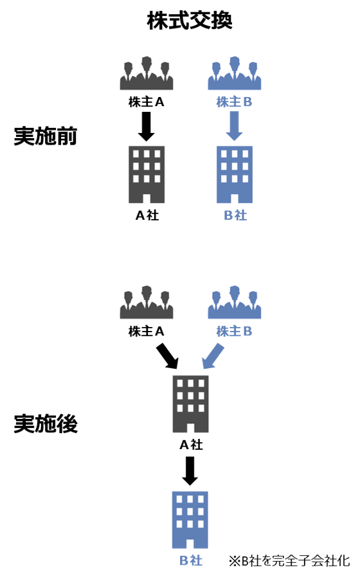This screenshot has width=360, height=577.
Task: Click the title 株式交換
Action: pyautogui.click(x=190, y=21)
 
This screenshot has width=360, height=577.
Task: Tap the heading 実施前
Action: pyautogui.click(x=46, y=136)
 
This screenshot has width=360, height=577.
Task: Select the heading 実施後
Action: pyautogui.click(x=46, y=423)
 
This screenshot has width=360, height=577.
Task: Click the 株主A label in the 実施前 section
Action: pyautogui.click(x=146, y=102)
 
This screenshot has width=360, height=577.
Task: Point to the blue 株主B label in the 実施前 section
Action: pyautogui.click(x=234, y=102)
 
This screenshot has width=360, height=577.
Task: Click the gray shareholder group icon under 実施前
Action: pyautogui.click(x=147, y=73)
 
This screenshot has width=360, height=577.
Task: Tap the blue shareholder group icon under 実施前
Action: pyautogui.click(x=235, y=73)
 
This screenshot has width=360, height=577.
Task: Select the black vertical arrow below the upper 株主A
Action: pyautogui.click(x=147, y=126)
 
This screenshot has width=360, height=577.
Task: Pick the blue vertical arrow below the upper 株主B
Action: pyautogui.click(x=234, y=126)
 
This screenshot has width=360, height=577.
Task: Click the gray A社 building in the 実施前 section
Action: pyautogui.click(x=147, y=174)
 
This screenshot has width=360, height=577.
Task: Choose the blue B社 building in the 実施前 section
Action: pyautogui.click(x=235, y=174)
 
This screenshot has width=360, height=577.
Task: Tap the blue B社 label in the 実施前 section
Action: pyautogui.click(x=235, y=215)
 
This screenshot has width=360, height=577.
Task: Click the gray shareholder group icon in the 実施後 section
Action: pyautogui.click(x=147, y=302)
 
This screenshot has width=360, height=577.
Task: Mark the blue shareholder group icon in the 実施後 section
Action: pyautogui.click(x=235, y=302)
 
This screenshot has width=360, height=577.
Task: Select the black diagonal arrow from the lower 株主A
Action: pyautogui.click(x=168, y=356)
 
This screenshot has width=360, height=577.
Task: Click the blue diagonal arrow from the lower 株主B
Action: pyautogui.click(x=213, y=356)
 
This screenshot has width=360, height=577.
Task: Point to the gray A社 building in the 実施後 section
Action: pyautogui.click(x=191, y=404)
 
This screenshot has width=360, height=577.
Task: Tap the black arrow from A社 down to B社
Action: pyautogui.click(x=190, y=471)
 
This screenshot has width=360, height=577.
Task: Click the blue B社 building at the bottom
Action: pyautogui.click(x=190, y=520)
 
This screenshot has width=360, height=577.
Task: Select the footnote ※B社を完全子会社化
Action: pyautogui.click(x=289, y=561)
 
